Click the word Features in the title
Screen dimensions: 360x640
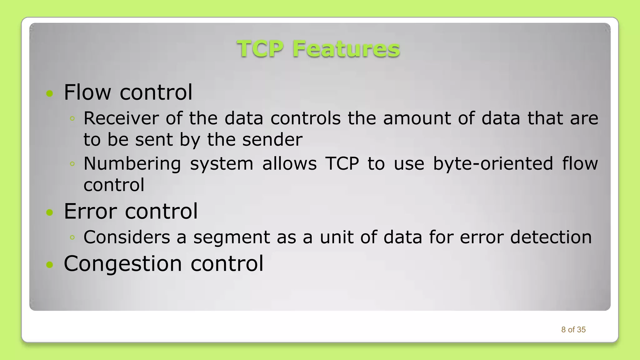(346, 49)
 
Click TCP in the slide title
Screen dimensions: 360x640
(260, 49)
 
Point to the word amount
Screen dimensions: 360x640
(417, 118)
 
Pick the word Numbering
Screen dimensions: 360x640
(132, 163)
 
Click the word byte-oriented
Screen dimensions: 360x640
(493, 163)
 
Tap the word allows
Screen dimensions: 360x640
(289, 163)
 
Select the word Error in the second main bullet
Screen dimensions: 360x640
(90, 211)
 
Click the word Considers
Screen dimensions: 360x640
(127, 237)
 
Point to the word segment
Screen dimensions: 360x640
(232, 237)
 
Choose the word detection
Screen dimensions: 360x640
(551, 237)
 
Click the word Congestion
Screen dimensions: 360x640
(123, 263)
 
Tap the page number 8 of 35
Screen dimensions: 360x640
(573, 330)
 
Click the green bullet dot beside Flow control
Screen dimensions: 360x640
(50, 93)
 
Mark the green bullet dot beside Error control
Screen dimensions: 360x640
(50, 212)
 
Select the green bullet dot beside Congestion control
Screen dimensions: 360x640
(50, 265)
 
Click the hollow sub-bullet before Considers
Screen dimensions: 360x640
(72, 237)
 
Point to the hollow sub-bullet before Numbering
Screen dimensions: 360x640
(72, 164)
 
